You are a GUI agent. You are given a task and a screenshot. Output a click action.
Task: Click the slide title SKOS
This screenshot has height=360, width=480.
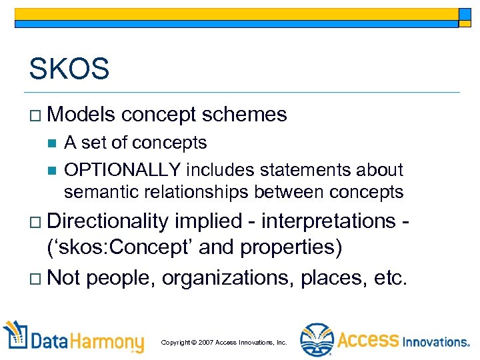coord(69,68)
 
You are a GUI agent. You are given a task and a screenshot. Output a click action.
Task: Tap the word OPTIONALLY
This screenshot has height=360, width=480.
coord(123,171)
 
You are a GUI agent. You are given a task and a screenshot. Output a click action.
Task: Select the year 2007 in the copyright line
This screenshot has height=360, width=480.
coord(205,342)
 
